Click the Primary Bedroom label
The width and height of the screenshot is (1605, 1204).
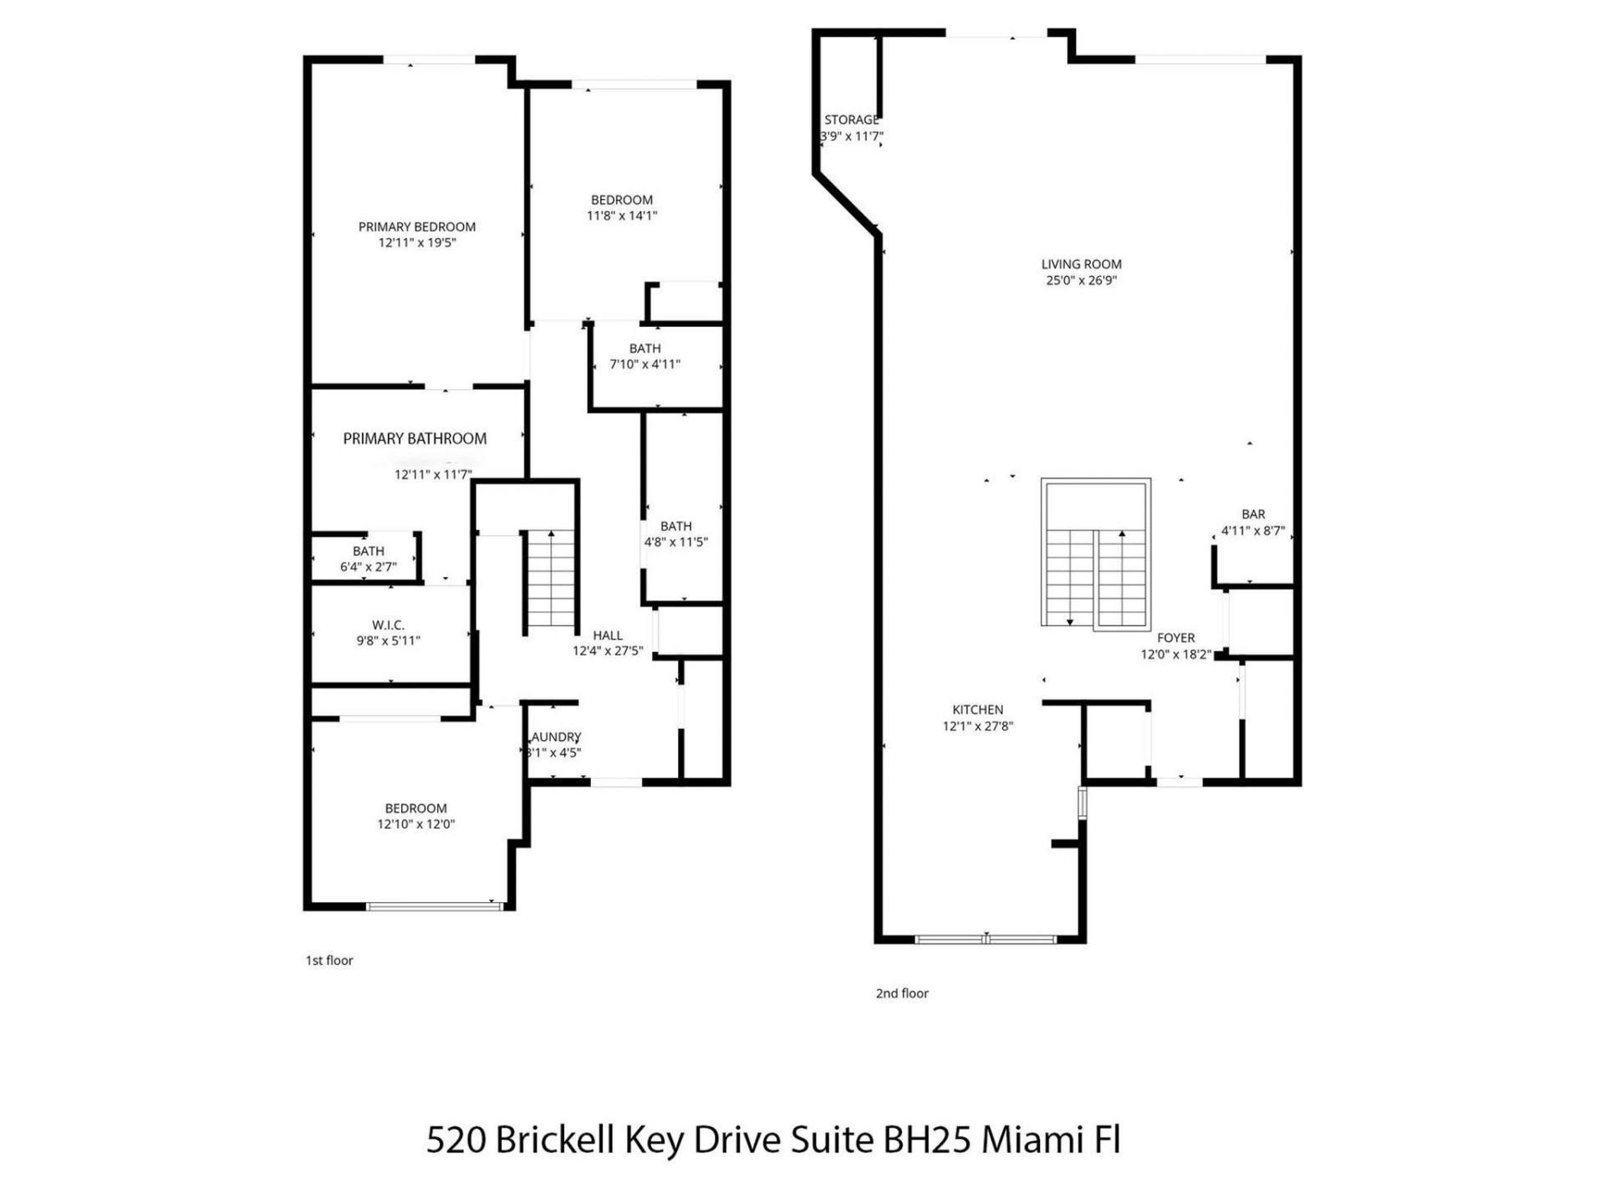[416, 227]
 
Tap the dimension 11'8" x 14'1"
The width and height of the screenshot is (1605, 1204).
[621, 216]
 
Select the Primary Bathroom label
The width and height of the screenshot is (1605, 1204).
[415, 438]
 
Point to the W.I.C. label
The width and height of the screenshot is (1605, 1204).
[388, 625]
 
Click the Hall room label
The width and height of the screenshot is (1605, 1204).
[607, 635]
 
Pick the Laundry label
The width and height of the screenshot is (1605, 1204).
[556, 737]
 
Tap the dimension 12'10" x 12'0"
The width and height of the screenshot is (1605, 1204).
[415, 824]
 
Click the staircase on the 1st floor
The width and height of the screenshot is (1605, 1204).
[551, 581]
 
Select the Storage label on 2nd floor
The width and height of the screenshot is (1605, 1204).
[851, 120]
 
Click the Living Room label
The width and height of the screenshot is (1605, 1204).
[1081, 264]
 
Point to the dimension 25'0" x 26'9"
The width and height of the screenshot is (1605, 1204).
[1081, 281]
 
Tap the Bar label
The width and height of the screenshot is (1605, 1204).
[1252, 514]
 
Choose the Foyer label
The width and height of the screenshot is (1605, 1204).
[1175, 637]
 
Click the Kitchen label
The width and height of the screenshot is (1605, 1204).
[977, 709]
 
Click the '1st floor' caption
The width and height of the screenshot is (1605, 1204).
[329, 960]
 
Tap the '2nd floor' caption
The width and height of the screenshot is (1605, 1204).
[901, 993]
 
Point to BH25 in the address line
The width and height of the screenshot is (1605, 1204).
[927, 1140]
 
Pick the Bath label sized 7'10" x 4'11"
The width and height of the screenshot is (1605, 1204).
[645, 348]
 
